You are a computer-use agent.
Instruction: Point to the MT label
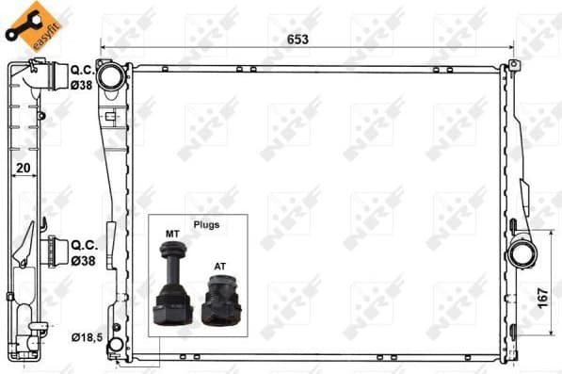click(172, 232)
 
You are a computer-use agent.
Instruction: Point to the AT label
click(219, 267)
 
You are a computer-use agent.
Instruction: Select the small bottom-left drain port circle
click(115, 346)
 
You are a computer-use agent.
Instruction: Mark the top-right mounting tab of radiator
click(513, 66)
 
